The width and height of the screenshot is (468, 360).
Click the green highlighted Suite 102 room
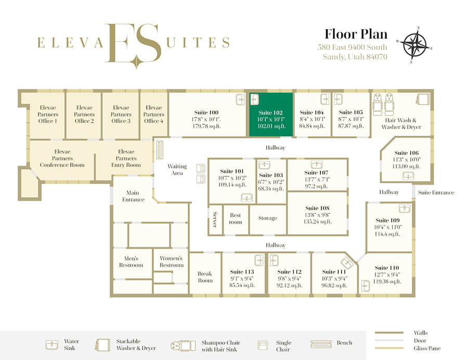pyautogui.click(x=271, y=114)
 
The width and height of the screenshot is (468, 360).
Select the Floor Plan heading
pyautogui.click(x=356, y=34)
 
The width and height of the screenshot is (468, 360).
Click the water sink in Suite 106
pyautogui.click(x=408, y=176)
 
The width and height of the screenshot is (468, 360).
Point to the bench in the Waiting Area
pyautogui.click(x=160, y=149)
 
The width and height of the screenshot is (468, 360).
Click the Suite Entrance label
pyautogui.click(x=436, y=192)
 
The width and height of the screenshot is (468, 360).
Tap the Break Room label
pyautogui.click(x=205, y=277)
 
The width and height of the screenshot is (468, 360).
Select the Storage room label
pyautogui.click(x=268, y=218)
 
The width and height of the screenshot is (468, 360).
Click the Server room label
pyautogui.click(x=215, y=220)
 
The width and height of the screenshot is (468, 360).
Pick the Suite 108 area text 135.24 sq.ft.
pyautogui.click(x=317, y=222)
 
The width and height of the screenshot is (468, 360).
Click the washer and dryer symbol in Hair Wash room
pyautogui.click(x=423, y=99)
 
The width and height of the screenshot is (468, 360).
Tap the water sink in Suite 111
pyautogui.click(x=347, y=263)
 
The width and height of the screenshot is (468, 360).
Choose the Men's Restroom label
pyautogui.click(x=131, y=262)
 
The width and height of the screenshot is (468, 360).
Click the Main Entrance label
pyautogui.click(x=133, y=196)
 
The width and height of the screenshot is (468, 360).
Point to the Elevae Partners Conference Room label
pyautogui.click(x=62, y=158)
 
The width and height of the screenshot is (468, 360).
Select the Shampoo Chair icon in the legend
pyautogui.click(x=183, y=345)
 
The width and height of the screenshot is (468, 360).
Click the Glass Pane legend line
pyautogui.click(x=389, y=348)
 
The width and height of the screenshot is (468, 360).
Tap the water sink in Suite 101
pyautogui.click(x=247, y=197)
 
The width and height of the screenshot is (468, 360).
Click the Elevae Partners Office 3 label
pyautogui.click(x=121, y=114)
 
